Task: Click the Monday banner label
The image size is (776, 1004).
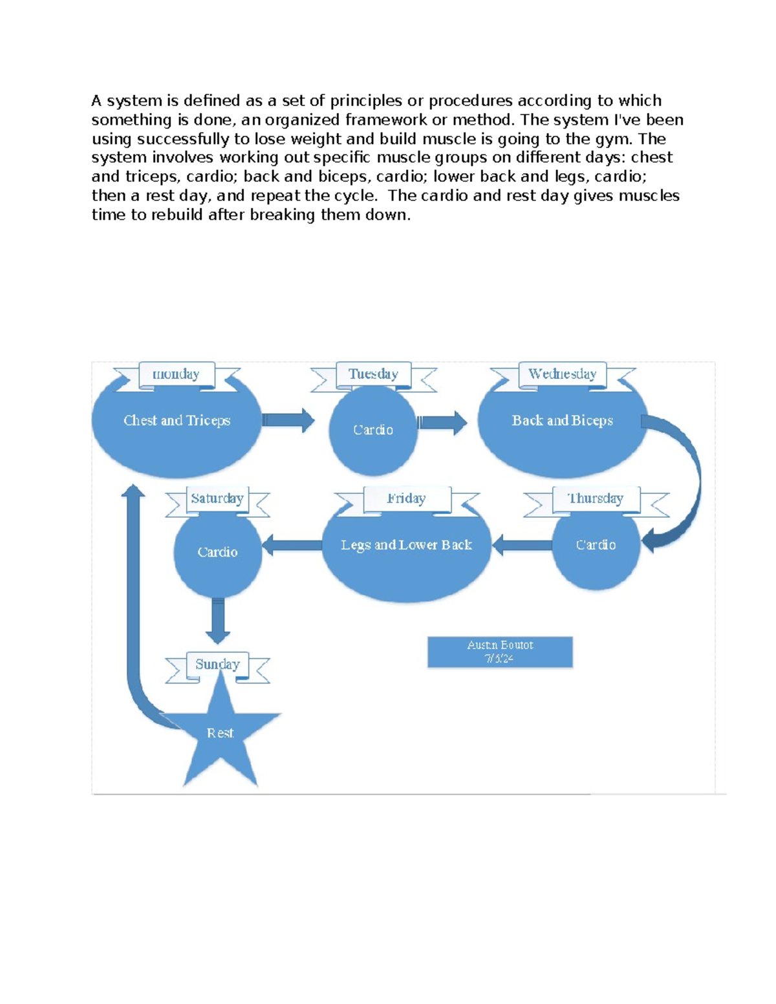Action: pyautogui.click(x=176, y=374)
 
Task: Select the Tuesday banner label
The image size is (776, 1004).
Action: pyautogui.click(x=373, y=374)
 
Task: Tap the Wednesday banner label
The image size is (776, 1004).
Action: pyautogui.click(x=562, y=374)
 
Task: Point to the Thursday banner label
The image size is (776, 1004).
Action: pyautogui.click(x=596, y=498)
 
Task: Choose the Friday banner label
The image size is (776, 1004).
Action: pyautogui.click(x=406, y=498)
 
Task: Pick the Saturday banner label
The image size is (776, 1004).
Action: pyautogui.click(x=217, y=498)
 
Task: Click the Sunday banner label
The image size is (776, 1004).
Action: pyautogui.click(x=217, y=664)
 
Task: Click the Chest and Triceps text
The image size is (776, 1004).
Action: pyautogui.click(x=177, y=420)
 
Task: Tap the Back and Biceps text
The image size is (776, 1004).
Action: pyautogui.click(x=562, y=420)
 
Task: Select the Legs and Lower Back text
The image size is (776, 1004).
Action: pyautogui.click(x=406, y=545)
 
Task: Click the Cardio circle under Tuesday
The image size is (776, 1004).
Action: pyautogui.click(x=373, y=430)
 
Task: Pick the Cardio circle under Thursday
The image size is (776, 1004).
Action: pyautogui.click(x=596, y=545)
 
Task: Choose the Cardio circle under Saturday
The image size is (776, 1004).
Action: pyautogui.click(x=217, y=552)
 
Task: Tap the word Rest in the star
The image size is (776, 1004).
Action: pyautogui.click(x=220, y=733)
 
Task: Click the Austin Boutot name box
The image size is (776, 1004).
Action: pyautogui.click(x=500, y=652)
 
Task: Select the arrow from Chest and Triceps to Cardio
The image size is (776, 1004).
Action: pyautogui.click(x=288, y=420)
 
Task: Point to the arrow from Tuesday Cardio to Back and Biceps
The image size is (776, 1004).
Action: pyautogui.click(x=442, y=423)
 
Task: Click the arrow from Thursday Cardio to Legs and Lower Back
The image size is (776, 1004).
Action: pyautogui.click(x=523, y=545)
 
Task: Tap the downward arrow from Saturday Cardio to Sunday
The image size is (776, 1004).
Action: pyautogui.click(x=218, y=621)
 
